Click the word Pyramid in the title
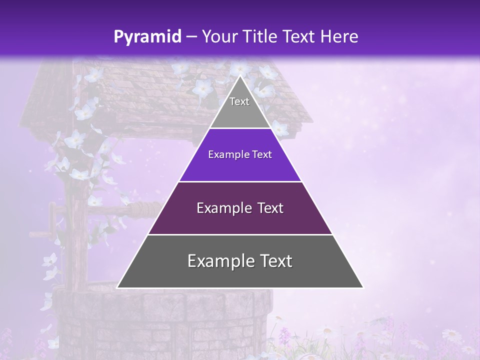point(147,37)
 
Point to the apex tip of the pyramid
point(240,76)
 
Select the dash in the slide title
point(191,37)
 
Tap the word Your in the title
point(218,37)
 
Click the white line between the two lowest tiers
point(240,234)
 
